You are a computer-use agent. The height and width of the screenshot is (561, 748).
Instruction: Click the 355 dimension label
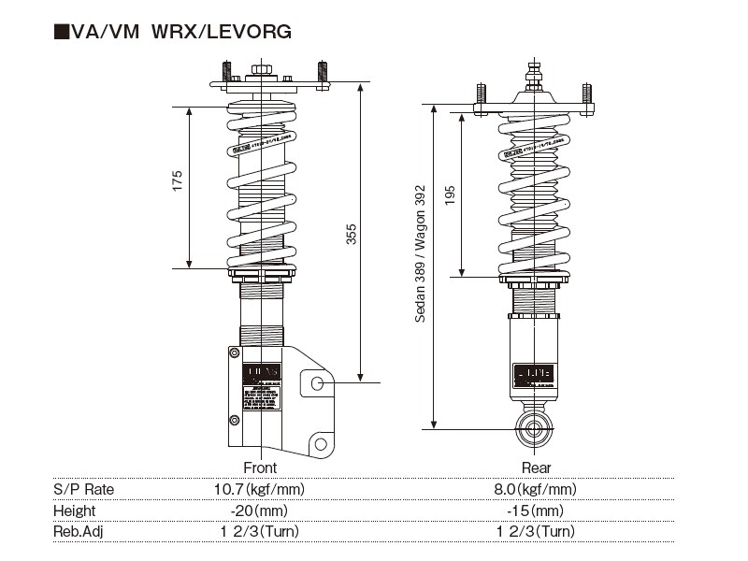[351, 234]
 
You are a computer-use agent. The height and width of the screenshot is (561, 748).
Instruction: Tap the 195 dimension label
[449, 194]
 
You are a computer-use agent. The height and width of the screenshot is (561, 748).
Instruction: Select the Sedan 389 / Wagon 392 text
[420, 252]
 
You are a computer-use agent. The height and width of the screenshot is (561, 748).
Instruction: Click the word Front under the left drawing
[260, 467]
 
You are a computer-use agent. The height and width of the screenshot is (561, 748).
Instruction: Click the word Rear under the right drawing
[536, 467]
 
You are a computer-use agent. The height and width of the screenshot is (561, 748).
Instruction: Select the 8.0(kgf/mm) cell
[536, 489]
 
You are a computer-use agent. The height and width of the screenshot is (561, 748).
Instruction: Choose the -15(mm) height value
[536, 511]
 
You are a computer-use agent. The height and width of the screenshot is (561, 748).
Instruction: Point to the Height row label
[75, 511]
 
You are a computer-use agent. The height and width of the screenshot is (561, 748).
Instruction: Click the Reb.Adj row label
[79, 532]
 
